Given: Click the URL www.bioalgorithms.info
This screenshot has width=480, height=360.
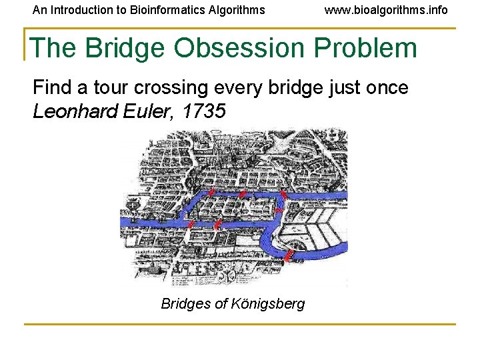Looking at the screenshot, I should (x=386, y=10).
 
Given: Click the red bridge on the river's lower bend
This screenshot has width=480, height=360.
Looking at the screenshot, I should (x=289, y=255).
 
